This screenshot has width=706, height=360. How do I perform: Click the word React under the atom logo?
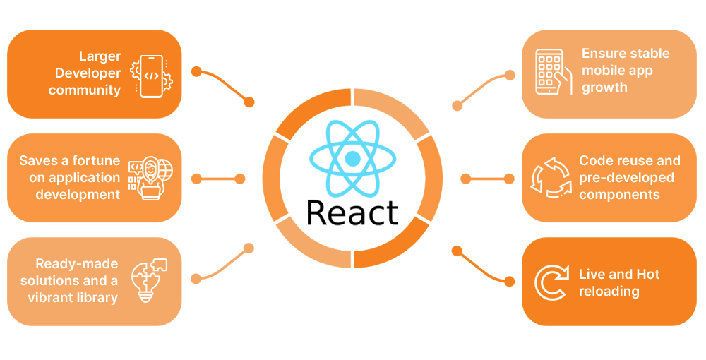[x=352, y=212]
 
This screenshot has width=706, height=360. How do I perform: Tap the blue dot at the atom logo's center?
[x=352, y=158]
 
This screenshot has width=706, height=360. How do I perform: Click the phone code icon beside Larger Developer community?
[x=151, y=76]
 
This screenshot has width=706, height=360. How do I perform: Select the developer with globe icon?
[x=150, y=178]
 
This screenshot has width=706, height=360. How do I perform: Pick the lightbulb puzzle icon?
[x=149, y=280]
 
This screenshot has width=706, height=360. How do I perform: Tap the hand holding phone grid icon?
[x=554, y=72]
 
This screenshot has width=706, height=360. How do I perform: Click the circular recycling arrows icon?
[x=552, y=178]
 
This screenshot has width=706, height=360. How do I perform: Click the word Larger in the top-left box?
[x=100, y=56]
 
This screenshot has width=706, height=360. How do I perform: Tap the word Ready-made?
[x=76, y=264]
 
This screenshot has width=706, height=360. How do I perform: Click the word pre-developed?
[x=626, y=178]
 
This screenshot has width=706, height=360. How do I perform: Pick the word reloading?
[x=609, y=292]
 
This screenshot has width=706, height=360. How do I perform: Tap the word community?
[x=85, y=90]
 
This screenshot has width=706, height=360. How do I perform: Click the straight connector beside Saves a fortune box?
[x=218, y=179]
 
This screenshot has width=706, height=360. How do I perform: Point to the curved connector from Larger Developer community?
[x=223, y=87]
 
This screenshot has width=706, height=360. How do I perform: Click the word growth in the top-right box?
[x=605, y=88]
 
